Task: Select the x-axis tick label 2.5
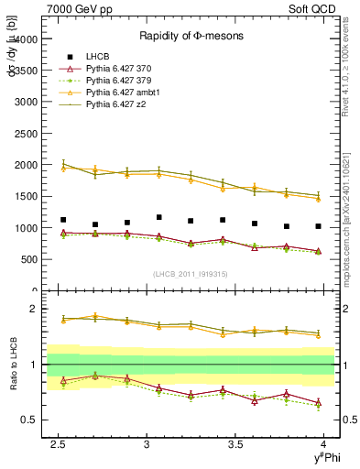pyautogui.click(x=60, y=445)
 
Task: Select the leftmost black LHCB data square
pyautogui.click(x=63, y=220)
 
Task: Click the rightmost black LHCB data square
pyautogui.click(x=318, y=226)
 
